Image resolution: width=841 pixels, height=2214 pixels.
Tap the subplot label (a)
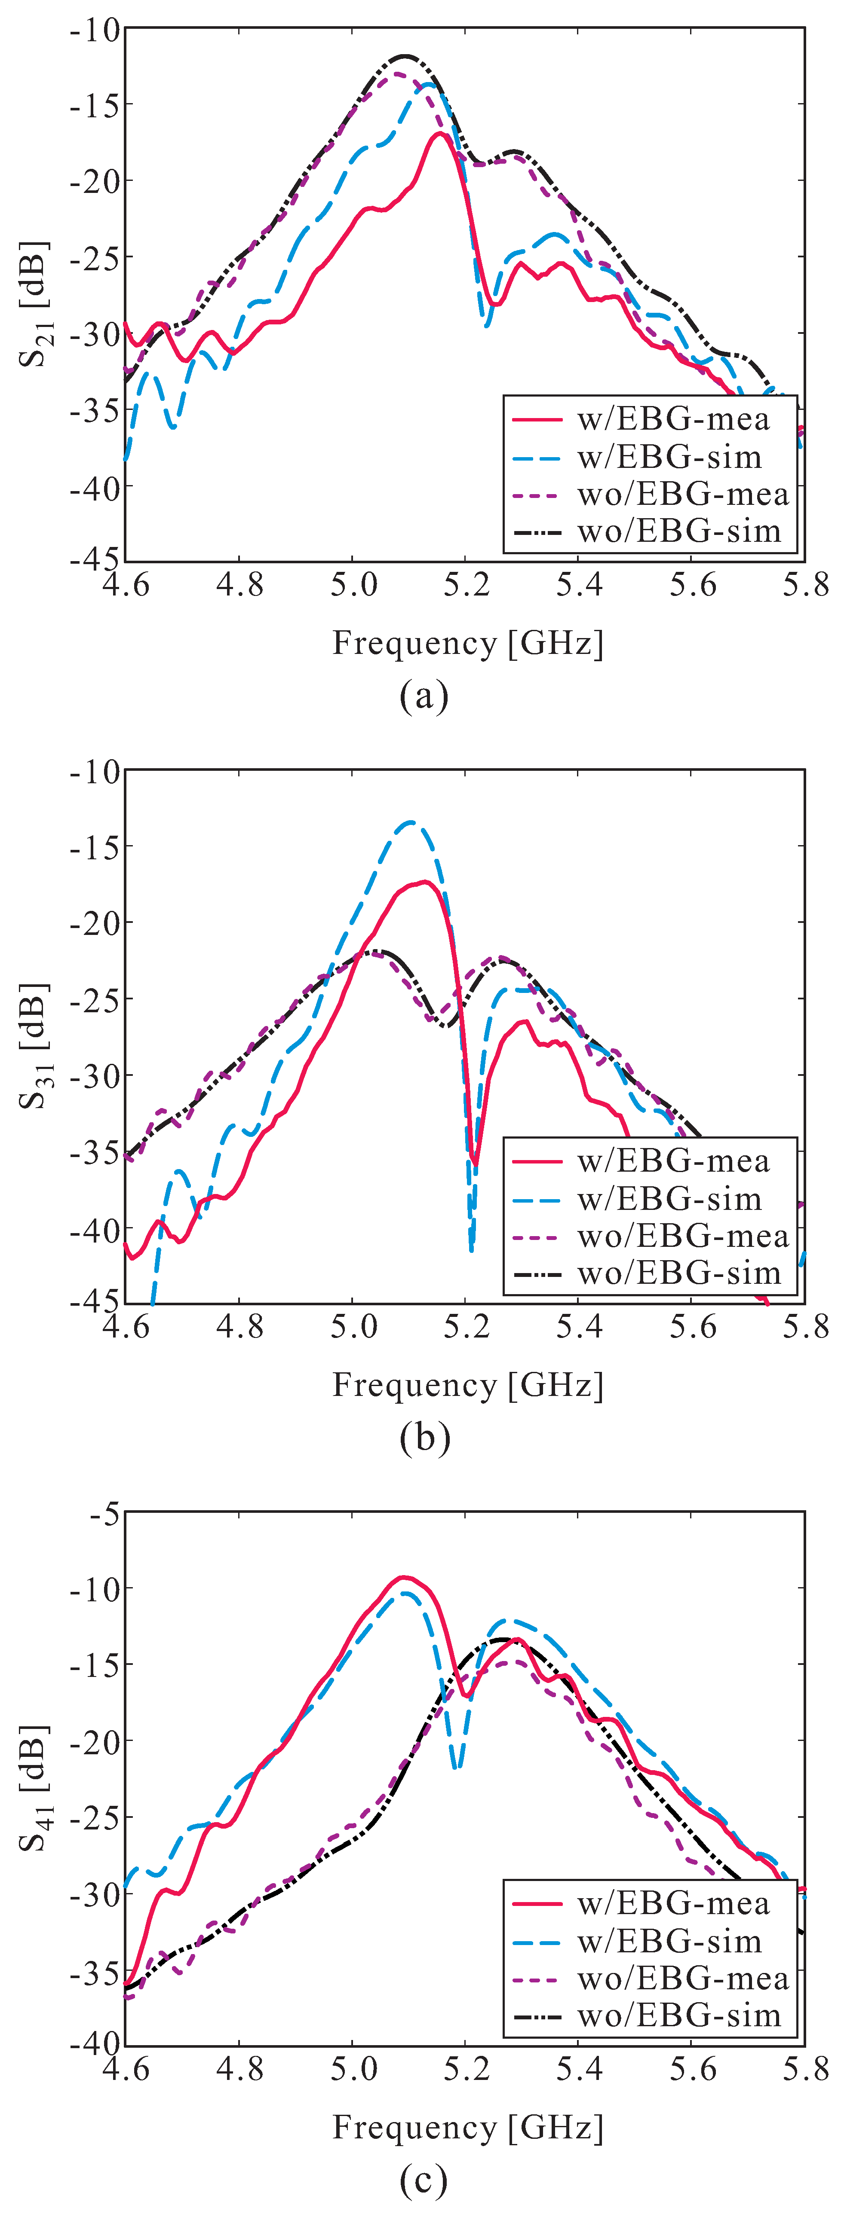[x=424, y=696]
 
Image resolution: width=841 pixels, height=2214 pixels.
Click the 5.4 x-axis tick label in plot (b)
[x=580, y=1328]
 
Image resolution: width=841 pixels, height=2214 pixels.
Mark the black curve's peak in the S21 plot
[x=404, y=57]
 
